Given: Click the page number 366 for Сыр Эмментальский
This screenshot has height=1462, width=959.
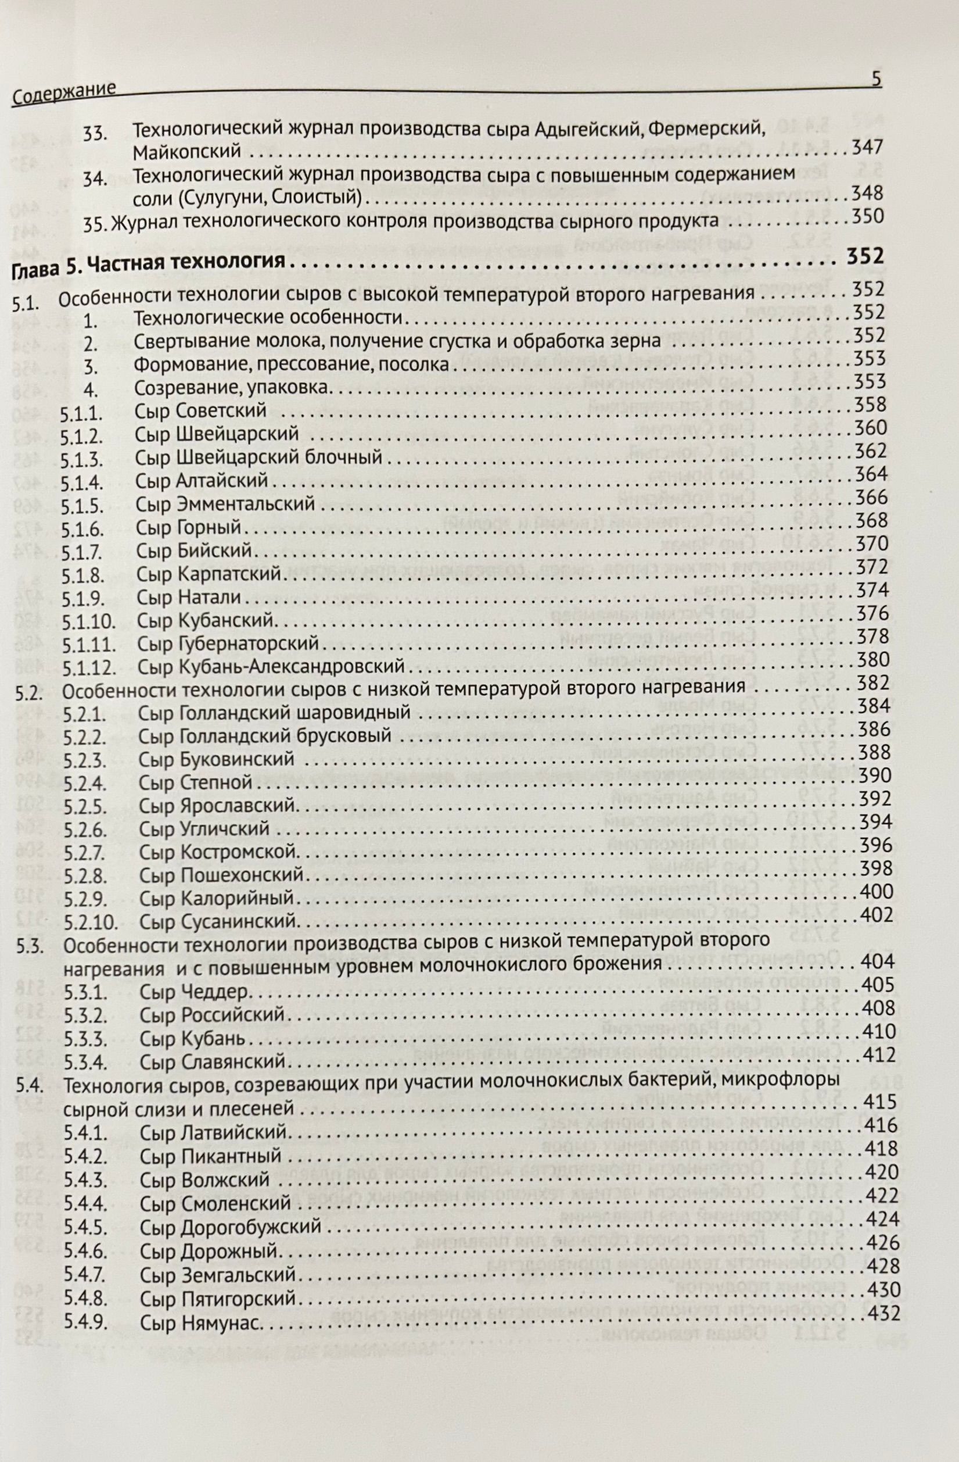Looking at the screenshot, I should [x=871, y=497].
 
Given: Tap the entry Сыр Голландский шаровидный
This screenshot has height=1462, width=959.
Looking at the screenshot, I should [x=274, y=714].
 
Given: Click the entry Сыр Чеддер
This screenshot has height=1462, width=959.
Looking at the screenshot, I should [x=193, y=992].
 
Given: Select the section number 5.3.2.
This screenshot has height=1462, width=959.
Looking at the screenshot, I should [x=85, y=1016].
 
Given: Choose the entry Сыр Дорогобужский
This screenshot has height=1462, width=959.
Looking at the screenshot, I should [x=230, y=1227].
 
